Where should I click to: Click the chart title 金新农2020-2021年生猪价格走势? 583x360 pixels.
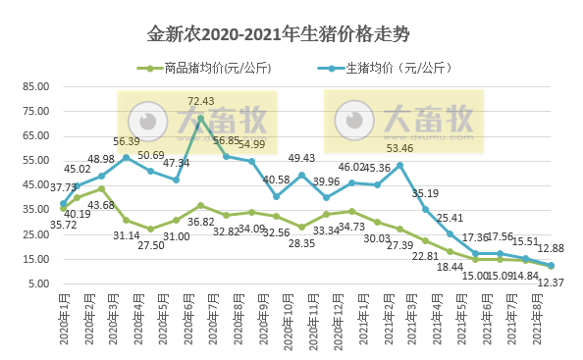pyautogui.click(x=291, y=34)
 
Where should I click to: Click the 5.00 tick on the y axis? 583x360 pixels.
pyautogui.click(x=36, y=284)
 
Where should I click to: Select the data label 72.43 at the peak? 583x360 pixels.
pyautogui.click(x=201, y=101)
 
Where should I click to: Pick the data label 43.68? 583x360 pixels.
pyautogui.click(x=102, y=204)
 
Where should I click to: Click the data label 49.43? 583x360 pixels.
pyautogui.click(x=301, y=158)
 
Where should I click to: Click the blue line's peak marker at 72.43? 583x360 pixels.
pyautogui.click(x=201, y=118)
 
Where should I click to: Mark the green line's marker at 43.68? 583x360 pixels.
pyautogui.click(x=101, y=188)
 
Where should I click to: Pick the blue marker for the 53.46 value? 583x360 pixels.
pyautogui.click(x=400, y=164)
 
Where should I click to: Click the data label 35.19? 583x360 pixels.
pyautogui.click(x=425, y=193)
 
